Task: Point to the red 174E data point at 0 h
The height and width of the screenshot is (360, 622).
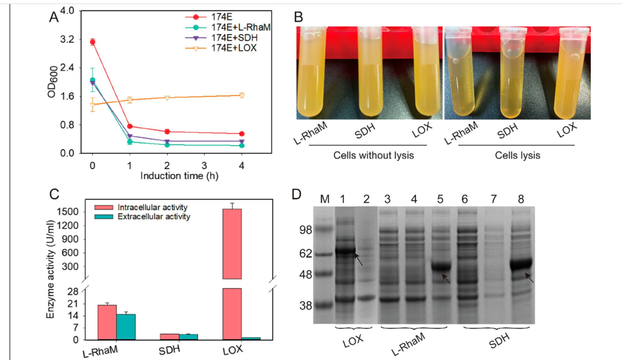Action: pyautogui.click(x=93, y=42)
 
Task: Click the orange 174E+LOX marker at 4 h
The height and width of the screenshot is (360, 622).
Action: pyautogui.click(x=242, y=95)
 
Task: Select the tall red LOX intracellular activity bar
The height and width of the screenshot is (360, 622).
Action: pyautogui.click(x=232, y=243)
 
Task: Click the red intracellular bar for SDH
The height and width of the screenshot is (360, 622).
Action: pyautogui.click(x=170, y=336)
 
